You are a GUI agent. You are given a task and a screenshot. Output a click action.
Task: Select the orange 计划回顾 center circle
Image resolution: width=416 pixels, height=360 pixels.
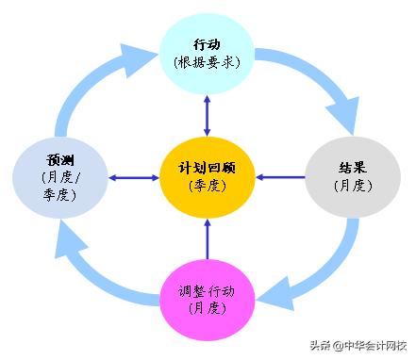coord(208,175)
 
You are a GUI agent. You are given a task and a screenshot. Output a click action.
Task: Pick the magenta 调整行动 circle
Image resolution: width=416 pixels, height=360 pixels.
coord(208,298)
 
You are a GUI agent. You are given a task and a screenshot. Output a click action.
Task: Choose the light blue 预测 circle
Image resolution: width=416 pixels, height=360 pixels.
coord(60,175)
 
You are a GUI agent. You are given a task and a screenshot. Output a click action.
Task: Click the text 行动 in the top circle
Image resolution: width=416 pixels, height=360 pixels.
coord(208,44)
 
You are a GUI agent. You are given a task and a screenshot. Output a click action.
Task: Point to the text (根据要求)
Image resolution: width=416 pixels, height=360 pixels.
coord(208,62)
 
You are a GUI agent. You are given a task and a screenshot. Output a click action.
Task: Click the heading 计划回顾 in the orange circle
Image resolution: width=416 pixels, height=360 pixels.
coord(208,167)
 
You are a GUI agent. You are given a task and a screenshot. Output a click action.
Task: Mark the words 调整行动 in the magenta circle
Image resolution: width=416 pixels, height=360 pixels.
coord(208,289)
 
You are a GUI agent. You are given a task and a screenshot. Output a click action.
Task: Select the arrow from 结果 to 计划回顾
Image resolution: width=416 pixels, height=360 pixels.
coord(280,176)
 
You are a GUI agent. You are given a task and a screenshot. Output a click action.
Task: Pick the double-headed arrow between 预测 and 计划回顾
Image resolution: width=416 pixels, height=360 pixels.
coord(133,176)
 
